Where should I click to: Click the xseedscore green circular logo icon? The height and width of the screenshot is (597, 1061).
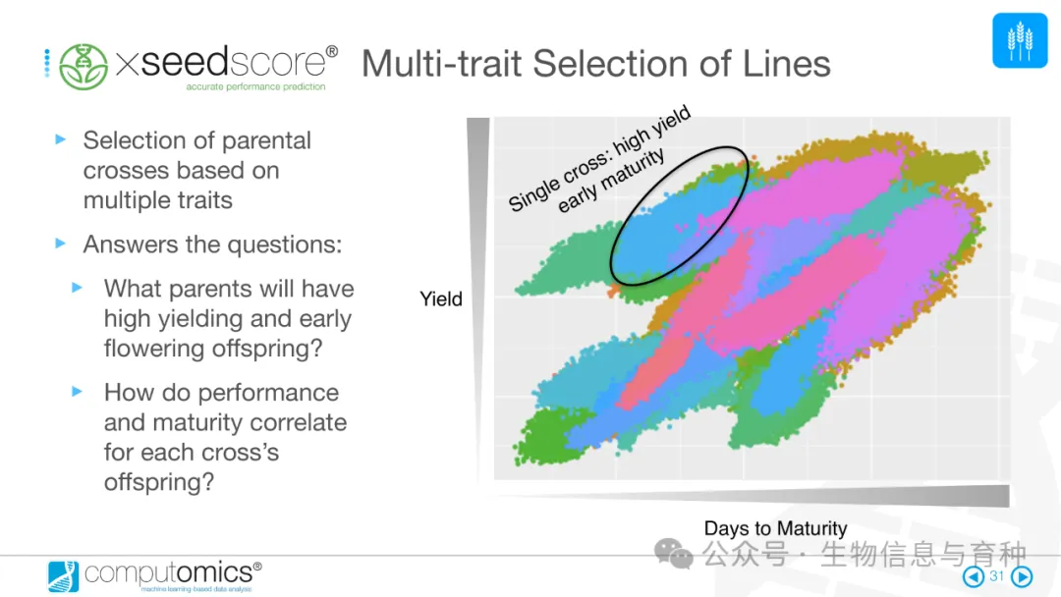click(84, 66)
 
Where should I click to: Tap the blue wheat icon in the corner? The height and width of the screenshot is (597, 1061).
click(1020, 40)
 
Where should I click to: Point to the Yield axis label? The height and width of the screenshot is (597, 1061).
click(440, 298)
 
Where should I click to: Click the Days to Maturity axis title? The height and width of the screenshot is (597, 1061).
click(775, 528)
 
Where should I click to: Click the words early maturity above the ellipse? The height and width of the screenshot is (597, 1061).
click(611, 181)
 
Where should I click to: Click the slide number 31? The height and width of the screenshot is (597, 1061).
click(997, 576)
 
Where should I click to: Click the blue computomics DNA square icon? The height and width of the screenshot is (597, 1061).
click(63, 576)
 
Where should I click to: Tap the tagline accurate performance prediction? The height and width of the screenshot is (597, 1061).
click(255, 86)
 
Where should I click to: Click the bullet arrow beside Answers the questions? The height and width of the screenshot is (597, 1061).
click(61, 244)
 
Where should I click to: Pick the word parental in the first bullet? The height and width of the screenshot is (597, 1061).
click(266, 140)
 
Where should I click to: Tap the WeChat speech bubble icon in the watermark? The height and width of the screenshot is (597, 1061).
click(673, 554)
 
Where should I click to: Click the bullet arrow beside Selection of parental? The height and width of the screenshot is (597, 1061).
click(61, 139)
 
